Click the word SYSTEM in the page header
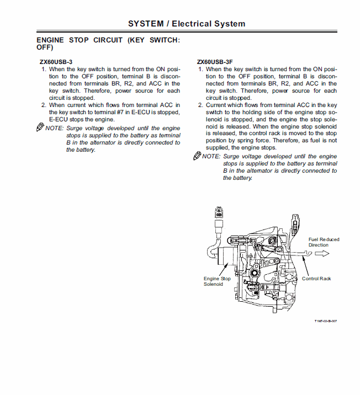(x=146, y=24)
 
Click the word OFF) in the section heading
(x=45, y=48)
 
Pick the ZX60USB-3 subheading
(x=56, y=61)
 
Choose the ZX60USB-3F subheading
(x=214, y=61)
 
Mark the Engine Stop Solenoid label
(x=217, y=281)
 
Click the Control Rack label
(x=316, y=279)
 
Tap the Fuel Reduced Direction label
(x=324, y=242)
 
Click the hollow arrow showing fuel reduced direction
(x=322, y=253)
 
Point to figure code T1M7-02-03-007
(x=326, y=321)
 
